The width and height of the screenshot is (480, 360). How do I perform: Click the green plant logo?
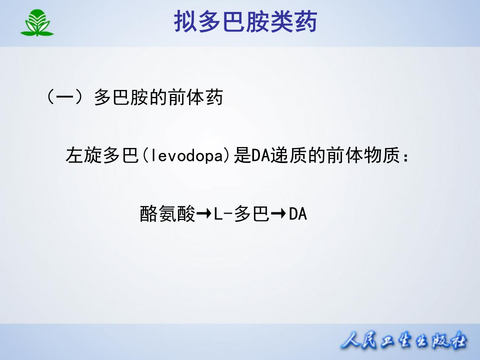click(x=36, y=23)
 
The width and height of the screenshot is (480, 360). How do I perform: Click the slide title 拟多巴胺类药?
click(x=245, y=22)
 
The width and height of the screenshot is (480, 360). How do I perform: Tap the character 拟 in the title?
click(x=185, y=22)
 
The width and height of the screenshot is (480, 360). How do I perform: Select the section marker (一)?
click(x=63, y=97)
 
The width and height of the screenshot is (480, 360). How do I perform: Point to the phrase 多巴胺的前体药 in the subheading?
click(x=158, y=97)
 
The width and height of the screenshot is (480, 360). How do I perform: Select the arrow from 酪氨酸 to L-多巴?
click(x=204, y=214)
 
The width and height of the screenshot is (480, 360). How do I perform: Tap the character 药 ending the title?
click(x=305, y=22)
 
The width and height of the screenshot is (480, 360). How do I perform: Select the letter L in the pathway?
click(x=218, y=214)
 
